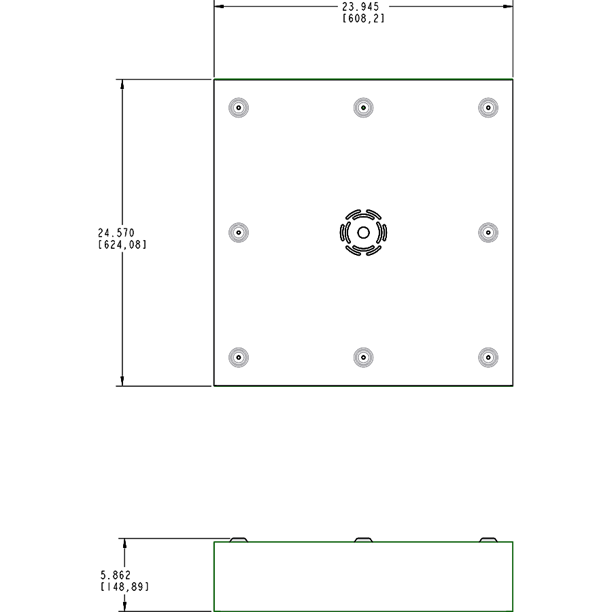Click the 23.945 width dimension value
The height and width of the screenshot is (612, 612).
pos(360,7)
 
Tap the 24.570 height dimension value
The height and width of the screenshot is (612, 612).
pos(116,233)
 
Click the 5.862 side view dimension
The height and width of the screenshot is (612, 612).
pos(115,575)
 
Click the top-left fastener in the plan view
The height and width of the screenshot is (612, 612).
pos(239,107)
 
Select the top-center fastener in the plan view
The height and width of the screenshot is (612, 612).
pos(364,107)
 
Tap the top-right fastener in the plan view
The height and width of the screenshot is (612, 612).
pos(488,107)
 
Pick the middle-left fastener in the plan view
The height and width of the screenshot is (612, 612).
pos(239,233)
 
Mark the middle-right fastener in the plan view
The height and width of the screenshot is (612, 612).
pos(488,233)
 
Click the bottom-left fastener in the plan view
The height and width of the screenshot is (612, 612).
pos(239,358)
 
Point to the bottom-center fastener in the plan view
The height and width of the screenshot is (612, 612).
pos(364,358)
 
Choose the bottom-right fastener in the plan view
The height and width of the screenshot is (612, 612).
pos(488,358)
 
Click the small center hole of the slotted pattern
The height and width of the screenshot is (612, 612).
pos(364,233)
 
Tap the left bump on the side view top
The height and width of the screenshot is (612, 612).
pos(239,540)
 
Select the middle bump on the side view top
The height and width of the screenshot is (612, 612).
pos(364,540)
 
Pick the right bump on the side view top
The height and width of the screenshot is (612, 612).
pos(488,540)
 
